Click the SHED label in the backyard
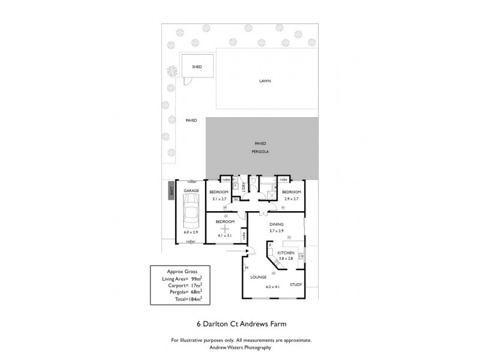pyautogui.click(x=196, y=67)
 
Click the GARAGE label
pyautogui.click(x=191, y=190)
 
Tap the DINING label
pyautogui.click(x=276, y=224)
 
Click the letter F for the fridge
pyautogui.click(x=271, y=245)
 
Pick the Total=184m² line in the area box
pyautogui.click(x=181, y=298)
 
